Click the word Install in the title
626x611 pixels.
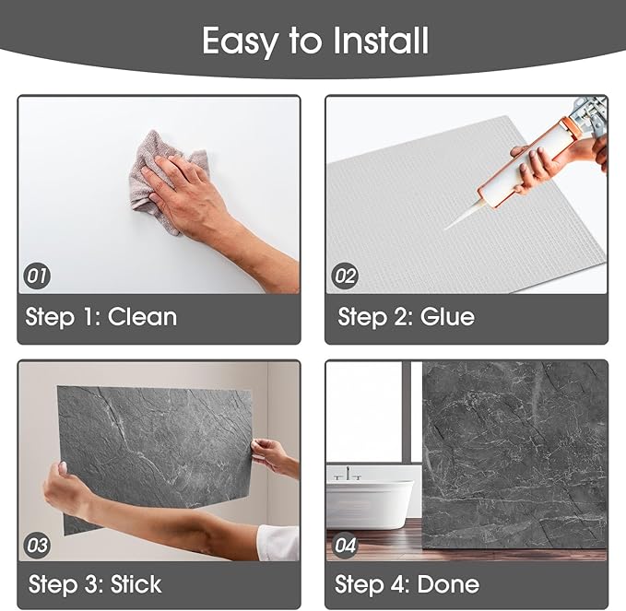pos(380,41)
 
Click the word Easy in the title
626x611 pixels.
pos(240,42)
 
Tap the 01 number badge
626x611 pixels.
pos(37,276)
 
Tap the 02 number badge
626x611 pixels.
pos(345,276)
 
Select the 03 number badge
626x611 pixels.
pos(37,546)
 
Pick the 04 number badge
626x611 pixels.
pos(345,546)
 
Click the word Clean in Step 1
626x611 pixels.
pos(142,317)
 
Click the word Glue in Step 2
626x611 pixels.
pos(447,317)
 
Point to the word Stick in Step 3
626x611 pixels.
pos(136,584)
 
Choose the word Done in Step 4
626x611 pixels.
pos(448,584)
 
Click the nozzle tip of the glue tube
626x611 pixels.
pos(446,229)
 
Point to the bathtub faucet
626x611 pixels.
pos(348,473)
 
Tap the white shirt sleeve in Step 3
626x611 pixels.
pos(278,543)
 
